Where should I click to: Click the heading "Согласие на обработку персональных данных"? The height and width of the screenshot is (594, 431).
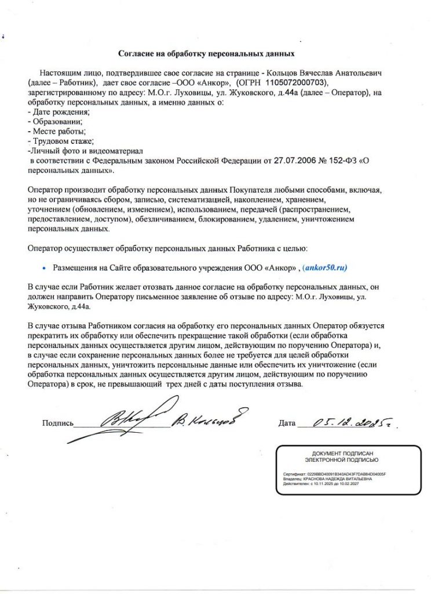pyautogui.click(x=207, y=54)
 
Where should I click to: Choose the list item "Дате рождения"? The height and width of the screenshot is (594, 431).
pyautogui.click(x=56, y=111)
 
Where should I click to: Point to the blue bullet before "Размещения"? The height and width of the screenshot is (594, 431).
pyautogui.click(x=44, y=269)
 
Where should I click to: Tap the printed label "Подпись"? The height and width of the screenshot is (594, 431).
pyautogui.click(x=57, y=423)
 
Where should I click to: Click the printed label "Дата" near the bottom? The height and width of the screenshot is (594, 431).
pyautogui.click(x=287, y=423)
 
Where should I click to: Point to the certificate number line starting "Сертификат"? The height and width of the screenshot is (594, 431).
pyautogui.click(x=334, y=474)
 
